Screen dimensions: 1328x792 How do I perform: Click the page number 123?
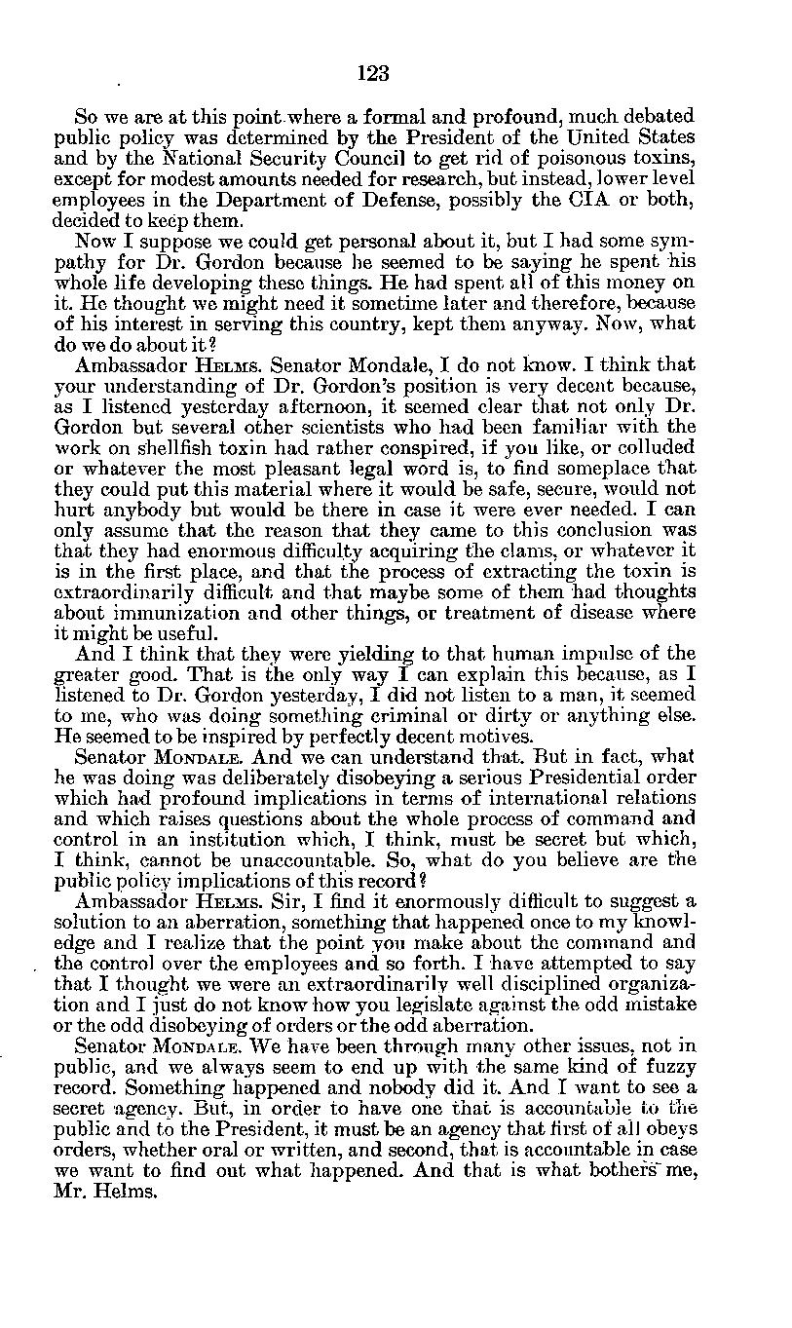pyautogui.click(x=374, y=72)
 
